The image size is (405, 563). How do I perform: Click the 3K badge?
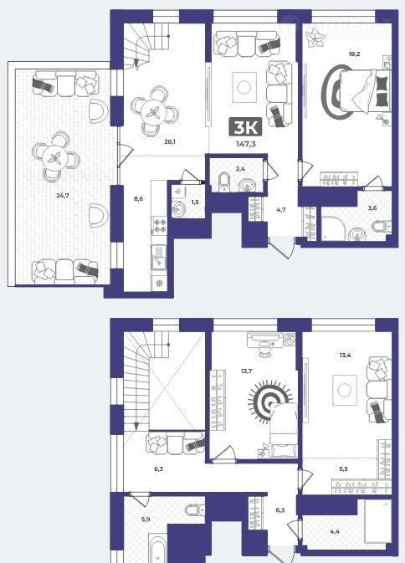click(246, 127)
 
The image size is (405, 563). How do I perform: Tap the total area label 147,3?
click(246, 145)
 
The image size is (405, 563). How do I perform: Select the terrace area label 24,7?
click(63, 196)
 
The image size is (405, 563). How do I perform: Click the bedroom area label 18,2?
click(354, 54)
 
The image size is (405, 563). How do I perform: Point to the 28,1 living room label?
click(170, 142)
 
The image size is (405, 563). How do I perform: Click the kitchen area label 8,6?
click(138, 198)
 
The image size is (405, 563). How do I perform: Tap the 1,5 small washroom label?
click(195, 202)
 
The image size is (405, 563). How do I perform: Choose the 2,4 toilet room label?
click(240, 169)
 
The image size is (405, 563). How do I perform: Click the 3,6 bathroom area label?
click(372, 208)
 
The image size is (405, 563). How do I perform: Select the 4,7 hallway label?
click(281, 210)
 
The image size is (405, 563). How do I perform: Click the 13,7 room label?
click(246, 371)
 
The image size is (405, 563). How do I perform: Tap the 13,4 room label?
click(345, 356)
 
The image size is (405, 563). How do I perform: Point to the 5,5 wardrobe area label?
click(343, 469)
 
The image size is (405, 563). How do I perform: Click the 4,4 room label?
click(334, 531)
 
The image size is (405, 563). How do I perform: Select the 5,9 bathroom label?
click(146, 519)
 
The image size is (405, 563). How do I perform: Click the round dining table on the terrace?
click(55, 157)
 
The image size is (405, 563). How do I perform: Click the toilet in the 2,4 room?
click(223, 182)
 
